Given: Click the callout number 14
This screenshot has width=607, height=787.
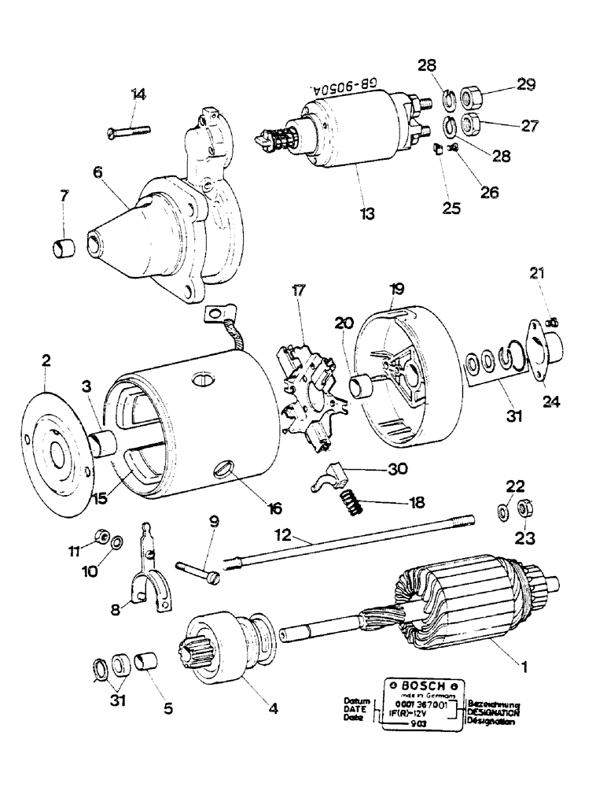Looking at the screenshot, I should (138, 94).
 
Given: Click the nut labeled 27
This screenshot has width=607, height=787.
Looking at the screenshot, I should (470, 123).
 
